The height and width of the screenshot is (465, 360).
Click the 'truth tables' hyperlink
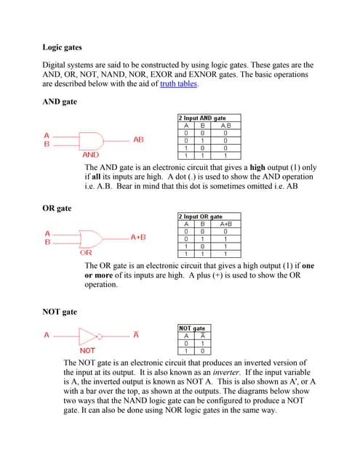pos(178,84)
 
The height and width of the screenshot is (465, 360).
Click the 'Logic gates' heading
pos(62,47)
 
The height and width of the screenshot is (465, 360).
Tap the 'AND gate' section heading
pos(60,102)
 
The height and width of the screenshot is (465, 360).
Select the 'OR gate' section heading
pos(57,209)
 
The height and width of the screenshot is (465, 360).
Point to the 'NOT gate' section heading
pos(60,312)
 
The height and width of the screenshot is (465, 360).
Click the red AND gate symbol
pos(91,141)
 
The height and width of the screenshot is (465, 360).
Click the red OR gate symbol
pos(91,239)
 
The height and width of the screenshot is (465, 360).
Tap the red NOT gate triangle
pos(88,336)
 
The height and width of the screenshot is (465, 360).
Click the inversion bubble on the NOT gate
pos(100,336)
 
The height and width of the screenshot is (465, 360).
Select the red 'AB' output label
pos(138,139)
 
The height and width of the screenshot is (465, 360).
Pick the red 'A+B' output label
pos(138,238)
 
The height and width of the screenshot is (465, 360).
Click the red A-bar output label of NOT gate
pos(136,334)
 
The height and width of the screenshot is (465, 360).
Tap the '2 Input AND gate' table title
pos(202,118)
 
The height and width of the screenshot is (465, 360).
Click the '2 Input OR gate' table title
pos(200,217)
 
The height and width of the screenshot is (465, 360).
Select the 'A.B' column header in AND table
pos(225,126)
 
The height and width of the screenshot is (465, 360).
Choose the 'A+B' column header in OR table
pos(225,225)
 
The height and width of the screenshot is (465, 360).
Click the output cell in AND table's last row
pos(225,155)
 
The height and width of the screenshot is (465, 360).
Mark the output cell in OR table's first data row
pos(225,232)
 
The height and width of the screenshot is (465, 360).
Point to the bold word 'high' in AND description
pos(257,168)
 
